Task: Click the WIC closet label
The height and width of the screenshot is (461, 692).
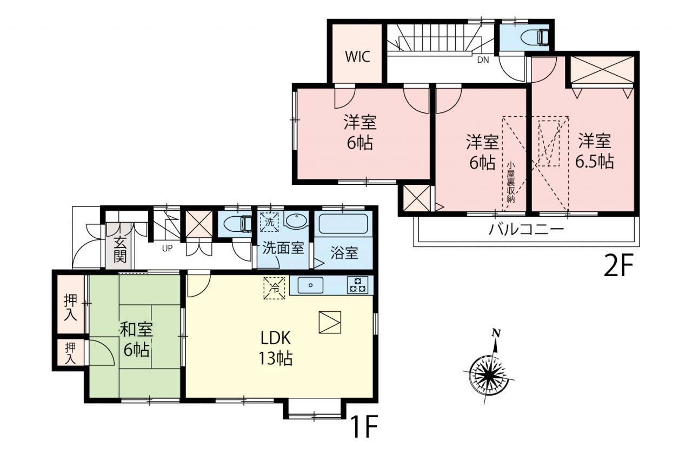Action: (x=357, y=57)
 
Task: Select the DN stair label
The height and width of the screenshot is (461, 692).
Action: (x=483, y=60)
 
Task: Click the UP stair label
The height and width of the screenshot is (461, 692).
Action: (x=167, y=248)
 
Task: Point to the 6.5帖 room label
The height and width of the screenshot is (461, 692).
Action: (x=594, y=162)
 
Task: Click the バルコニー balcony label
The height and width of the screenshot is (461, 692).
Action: (x=526, y=230)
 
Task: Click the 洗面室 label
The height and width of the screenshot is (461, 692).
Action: (x=283, y=248)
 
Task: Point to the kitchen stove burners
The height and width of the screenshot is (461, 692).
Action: (x=358, y=285)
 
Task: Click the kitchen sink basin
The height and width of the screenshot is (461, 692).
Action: (x=310, y=285)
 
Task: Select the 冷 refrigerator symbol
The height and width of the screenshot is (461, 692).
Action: (x=274, y=288)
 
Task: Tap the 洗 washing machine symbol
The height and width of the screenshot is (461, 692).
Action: (x=269, y=222)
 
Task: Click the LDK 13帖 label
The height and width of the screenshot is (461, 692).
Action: (x=275, y=348)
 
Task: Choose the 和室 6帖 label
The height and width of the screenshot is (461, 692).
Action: (x=136, y=339)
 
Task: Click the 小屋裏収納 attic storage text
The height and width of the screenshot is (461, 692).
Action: (x=511, y=182)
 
